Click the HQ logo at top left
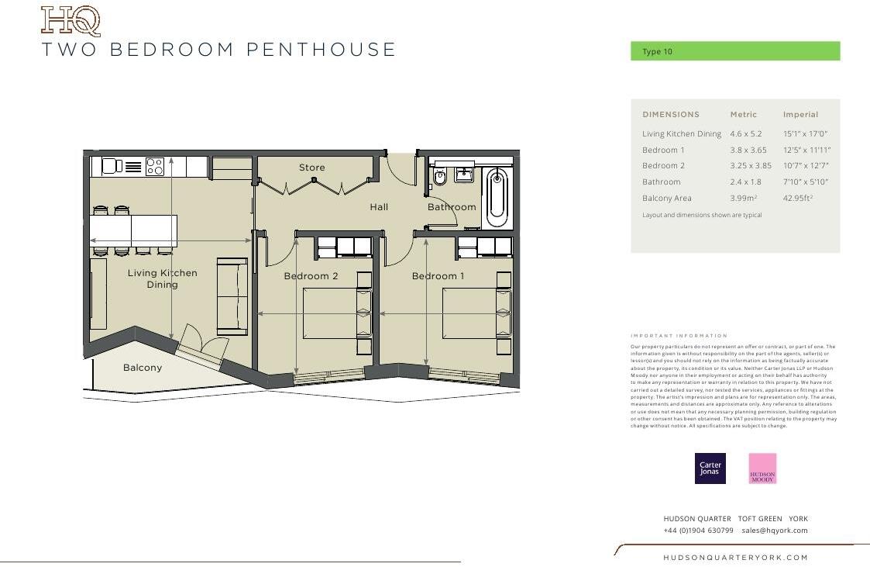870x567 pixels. point(70,21)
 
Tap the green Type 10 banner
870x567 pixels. point(734,51)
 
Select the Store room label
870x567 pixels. point(312,168)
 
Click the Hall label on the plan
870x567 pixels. point(379,207)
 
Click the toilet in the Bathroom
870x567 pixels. point(440,177)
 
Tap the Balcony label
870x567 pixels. point(143,368)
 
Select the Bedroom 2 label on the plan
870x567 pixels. point(311,276)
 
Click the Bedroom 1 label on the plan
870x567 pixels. point(438,276)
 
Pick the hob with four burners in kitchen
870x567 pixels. point(154,167)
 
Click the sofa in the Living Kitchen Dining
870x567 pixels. point(232,296)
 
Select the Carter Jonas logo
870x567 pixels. point(710,468)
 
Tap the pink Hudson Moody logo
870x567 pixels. point(762,468)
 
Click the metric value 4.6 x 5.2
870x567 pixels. point(746,134)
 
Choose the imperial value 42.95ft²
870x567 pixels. point(798,199)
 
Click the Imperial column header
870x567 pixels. point(800,115)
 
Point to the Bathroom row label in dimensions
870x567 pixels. point(662,182)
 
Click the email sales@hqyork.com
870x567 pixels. point(774,531)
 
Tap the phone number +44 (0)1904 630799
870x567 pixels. point(698,531)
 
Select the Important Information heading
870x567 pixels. point(679,336)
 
